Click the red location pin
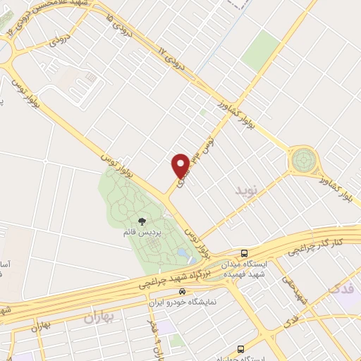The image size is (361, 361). point(181,165)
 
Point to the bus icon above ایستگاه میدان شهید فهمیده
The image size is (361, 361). point(244,253)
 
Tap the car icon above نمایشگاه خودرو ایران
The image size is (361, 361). point(183,290)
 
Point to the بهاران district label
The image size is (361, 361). point(99,319)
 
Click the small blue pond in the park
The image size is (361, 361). point(183,252)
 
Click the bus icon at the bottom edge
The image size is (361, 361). point(241,349)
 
